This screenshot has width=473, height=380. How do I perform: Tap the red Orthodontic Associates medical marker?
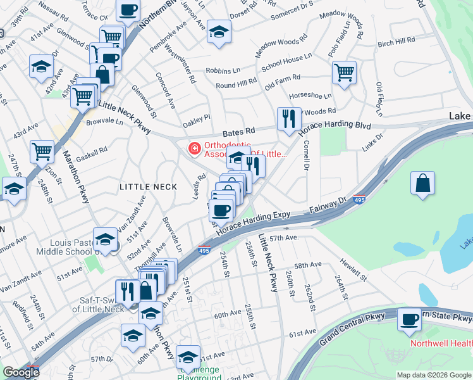click(x=194, y=149)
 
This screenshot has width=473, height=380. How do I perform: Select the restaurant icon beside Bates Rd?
click(x=287, y=118)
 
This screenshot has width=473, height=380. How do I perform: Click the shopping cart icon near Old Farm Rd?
click(x=344, y=72)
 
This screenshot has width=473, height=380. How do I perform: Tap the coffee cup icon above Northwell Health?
click(x=409, y=319)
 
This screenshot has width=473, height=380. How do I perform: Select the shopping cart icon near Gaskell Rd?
click(x=42, y=151)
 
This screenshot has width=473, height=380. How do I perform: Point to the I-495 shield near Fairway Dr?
click(x=359, y=199)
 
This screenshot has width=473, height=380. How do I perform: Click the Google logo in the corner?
click(x=20, y=372)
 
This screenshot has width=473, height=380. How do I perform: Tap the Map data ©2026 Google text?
click(x=434, y=375)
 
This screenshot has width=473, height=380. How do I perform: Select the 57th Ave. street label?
click(x=283, y=237)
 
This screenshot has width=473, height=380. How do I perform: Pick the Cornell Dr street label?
click(x=305, y=157)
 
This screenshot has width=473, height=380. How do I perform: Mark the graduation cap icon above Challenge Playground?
click(x=188, y=356)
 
